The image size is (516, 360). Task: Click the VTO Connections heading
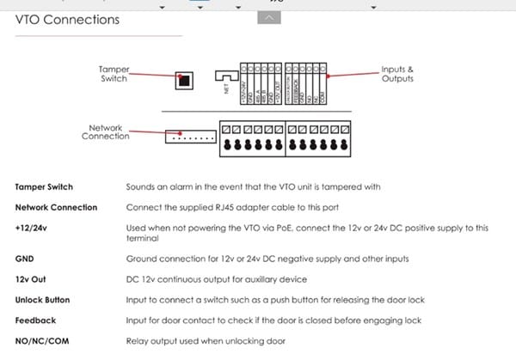point(67,19)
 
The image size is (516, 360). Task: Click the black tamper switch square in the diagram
point(183,80)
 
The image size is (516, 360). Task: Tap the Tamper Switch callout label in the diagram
point(114,75)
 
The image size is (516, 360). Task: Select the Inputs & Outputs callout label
point(397,74)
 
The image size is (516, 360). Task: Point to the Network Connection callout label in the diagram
point(105,131)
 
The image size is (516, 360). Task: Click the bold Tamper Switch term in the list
point(44,186)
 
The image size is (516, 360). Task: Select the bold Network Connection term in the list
point(56,207)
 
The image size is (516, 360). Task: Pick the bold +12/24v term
point(33,228)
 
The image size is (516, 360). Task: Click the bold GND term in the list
point(24,259)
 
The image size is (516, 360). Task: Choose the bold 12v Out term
point(31,279)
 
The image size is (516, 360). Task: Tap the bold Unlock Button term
point(42,300)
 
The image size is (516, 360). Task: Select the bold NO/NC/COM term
point(42,340)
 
